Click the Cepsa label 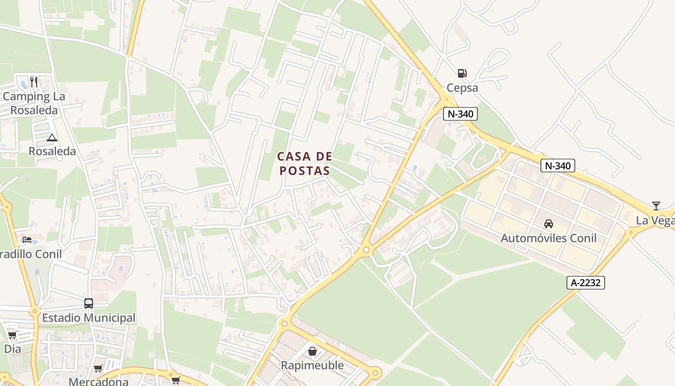pyautogui.click(x=462, y=88)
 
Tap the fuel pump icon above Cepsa pyautogui.click(x=462, y=73)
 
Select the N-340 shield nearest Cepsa pyautogui.click(x=460, y=114)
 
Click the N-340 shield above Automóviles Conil pyautogui.click(x=557, y=165)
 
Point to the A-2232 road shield pyautogui.click(x=585, y=283)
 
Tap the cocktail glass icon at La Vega pyautogui.click(x=656, y=206)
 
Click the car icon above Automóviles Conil pyautogui.click(x=548, y=224)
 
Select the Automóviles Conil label pyautogui.click(x=548, y=238)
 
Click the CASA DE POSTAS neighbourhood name pyautogui.click(x=305, y=163)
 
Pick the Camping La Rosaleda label pyautogui.click(x=34, y=103)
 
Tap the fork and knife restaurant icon pyautogui.click(x=33, y=82)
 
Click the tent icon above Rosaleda pyautogui.click(x=52, y=138)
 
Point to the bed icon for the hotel pyautogui.click(x=27, y=239)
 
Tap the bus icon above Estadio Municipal pyautogui.click(x=89, y=303)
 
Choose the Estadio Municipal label pyautogui.click(x=89, y=318)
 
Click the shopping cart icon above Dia pyautogui.click(x=12, y=335)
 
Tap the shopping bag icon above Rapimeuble pyautogui.click(x=312, y=351)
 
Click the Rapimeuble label pyautogui.click(x=312, y=365)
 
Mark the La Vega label pyautogui.click(x=655, y=221)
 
